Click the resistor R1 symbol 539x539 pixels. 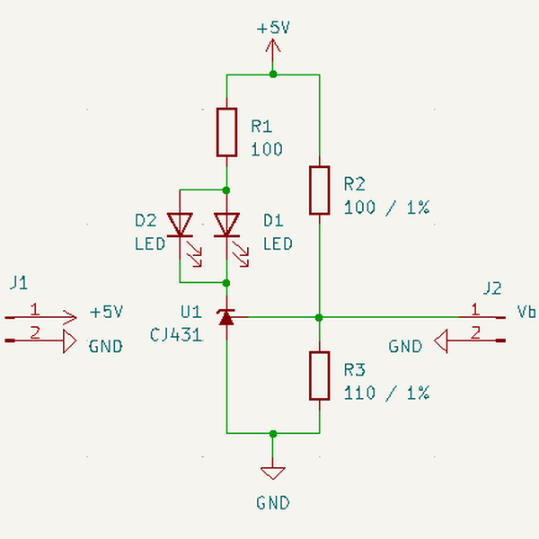(226, 132)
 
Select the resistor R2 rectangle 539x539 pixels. (320, 190)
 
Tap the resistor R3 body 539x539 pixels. (320, 376)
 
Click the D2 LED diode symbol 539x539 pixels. (182, 225)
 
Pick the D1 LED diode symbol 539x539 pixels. (226, 225)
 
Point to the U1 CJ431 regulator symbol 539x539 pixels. (226, 317)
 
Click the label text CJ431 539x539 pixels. (177, 335)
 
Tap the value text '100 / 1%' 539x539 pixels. (386, 208)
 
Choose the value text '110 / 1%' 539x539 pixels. (386, 393)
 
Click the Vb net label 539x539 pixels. (527, 312)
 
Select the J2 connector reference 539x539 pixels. (491, 288)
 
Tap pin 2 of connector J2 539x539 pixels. (476, 334)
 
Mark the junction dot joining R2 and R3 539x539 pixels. (320, 317)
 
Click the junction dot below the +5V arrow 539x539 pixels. (273, 74)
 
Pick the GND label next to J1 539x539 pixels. (105, 346)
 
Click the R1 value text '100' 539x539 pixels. (267, 149)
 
